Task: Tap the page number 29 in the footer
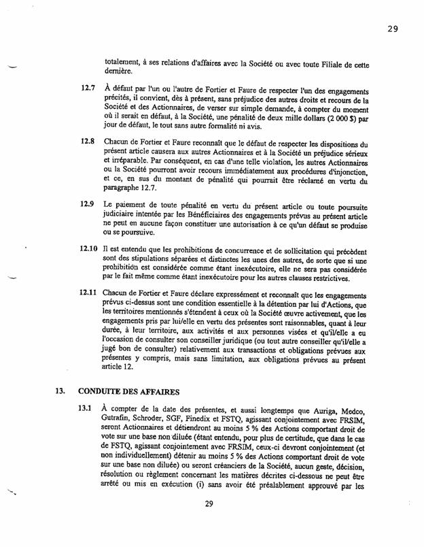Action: point(217,523)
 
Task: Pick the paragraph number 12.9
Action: point(87,204)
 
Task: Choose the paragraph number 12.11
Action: point(88,293)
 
